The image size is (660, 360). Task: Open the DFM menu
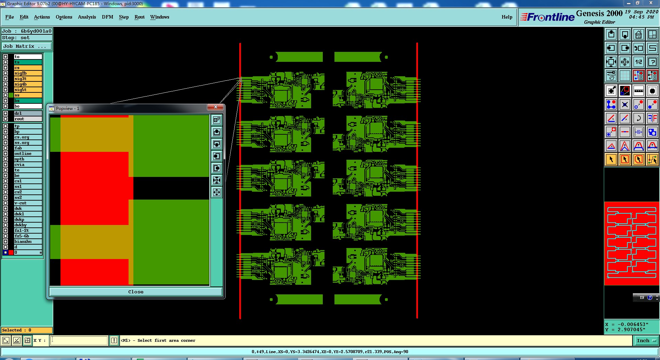107,17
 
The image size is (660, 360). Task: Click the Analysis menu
87,17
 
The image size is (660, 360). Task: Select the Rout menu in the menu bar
139,17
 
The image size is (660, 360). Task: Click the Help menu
507,17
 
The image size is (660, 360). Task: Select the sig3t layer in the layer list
28,79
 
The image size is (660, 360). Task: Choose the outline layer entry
28,154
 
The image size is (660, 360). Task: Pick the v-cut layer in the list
28,203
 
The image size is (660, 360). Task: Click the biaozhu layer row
28,241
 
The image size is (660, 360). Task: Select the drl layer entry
28,113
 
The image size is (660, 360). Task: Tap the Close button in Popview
136,292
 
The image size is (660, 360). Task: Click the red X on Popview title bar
216,107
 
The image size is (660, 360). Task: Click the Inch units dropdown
646,340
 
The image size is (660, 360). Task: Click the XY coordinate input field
79,340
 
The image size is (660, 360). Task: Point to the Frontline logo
547,17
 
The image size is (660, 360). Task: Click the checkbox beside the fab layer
5,148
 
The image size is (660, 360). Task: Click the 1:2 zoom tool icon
638,62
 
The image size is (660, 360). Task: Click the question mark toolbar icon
652,62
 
